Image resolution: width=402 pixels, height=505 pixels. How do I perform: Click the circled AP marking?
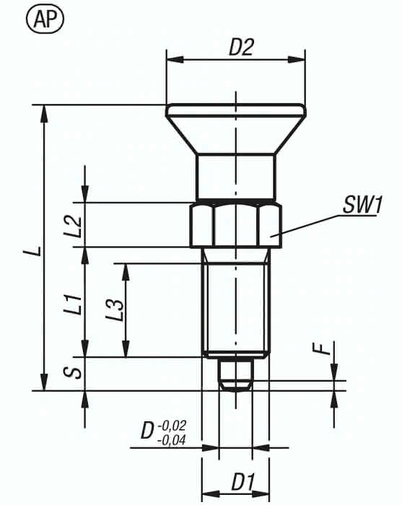[x=45, y=19]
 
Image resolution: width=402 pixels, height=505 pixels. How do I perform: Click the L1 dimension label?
[x=71, y=302]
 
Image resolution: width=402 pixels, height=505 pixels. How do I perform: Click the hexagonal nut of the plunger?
[x=235, y=225]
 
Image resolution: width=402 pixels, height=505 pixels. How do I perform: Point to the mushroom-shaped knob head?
[x=235, y=126]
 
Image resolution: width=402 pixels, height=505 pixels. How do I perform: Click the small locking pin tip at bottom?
[x=235, y=374]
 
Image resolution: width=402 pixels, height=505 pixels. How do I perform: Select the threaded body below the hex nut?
[x=235, y=303]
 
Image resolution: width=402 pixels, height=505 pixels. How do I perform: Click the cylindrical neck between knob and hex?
[x=235, y=177]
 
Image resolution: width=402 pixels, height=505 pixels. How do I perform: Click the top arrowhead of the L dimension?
[x=45, y=111]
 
